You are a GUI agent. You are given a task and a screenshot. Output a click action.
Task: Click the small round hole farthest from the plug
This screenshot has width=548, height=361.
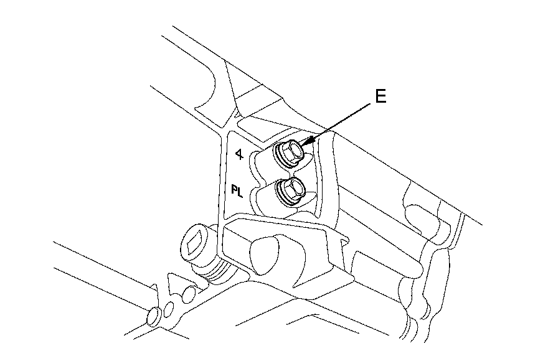pyautogui.click(x=151, y=318)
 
